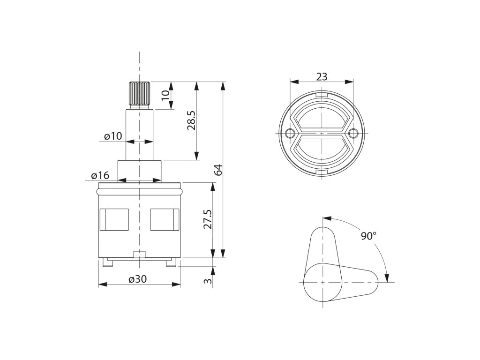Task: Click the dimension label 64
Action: coord(218,170)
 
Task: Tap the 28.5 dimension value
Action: coord(191,120)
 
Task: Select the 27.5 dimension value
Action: coord(207,219)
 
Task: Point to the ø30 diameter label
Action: coord(138,279)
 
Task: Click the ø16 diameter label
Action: coord(100,175)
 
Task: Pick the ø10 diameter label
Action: coord(112,136)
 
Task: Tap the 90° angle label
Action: coord(368,236)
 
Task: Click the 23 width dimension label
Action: coord(322,76)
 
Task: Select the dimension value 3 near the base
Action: coord(208,281)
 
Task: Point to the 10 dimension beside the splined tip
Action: coord(165,95)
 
